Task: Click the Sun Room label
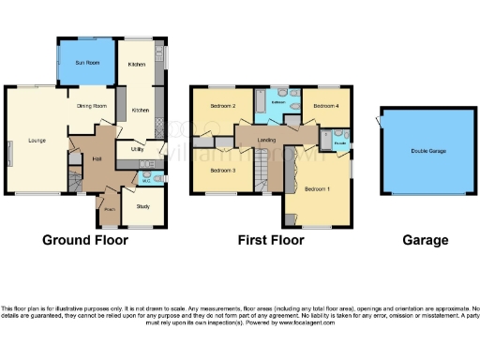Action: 85,63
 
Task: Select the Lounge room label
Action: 37,141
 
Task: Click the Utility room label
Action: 136,149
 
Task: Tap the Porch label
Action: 111,210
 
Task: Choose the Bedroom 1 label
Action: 318,189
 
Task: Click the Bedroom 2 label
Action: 221,106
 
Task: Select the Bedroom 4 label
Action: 325,106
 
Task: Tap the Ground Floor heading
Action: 85,240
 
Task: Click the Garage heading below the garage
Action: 425,240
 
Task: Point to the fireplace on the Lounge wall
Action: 10,151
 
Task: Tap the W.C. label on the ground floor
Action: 145,180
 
